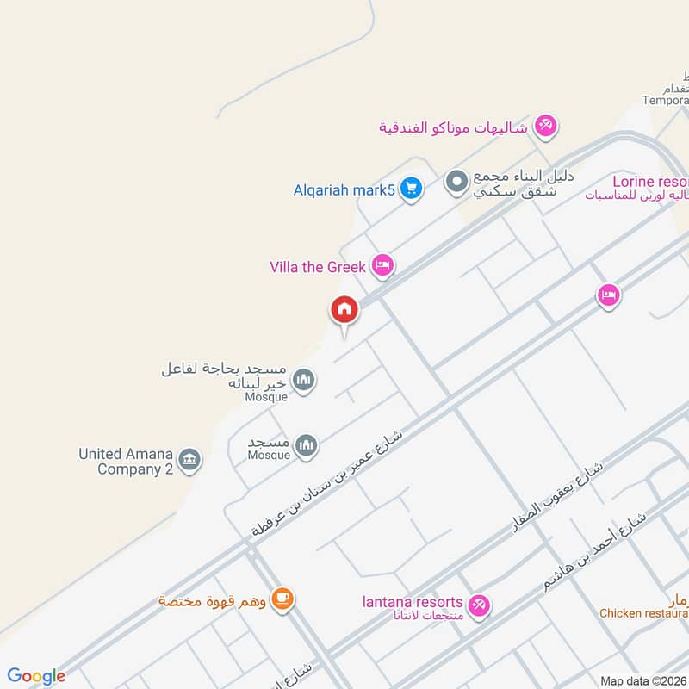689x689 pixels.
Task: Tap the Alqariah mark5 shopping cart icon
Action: (x=411, y=189)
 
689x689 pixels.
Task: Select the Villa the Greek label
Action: (x=318, y=267)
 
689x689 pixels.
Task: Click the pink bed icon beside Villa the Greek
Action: (x=383, y=265)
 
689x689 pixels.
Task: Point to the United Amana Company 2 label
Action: (x=126, y=462)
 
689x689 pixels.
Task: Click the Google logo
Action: (x=36, y=676)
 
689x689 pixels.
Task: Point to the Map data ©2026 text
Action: (x=642, y=681)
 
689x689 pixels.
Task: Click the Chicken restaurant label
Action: (x=644, y=613)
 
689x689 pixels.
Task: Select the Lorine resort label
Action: (x=650, y=182)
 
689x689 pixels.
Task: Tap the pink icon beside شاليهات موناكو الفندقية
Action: (x=544, y=127)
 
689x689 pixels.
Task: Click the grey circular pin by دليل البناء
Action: (x=456, y=182)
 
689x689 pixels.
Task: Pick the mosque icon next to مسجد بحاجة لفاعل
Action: (x=303, y=379)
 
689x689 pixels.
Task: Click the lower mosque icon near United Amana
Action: (x=306, y=445)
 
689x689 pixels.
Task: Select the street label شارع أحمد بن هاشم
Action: (x=594, y=550)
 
